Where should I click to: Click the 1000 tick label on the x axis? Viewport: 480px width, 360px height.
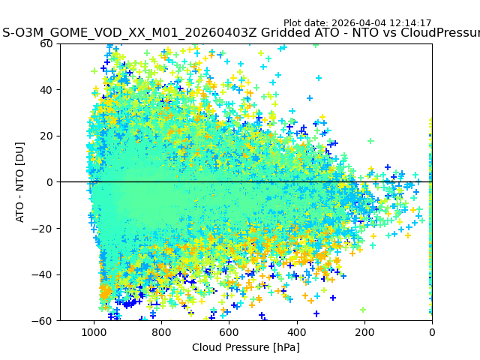click(x=94, y=332)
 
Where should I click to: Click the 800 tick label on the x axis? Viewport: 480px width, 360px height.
click(x=161, y=332)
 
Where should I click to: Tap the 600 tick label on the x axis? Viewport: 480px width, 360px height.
click(x=229, y=332)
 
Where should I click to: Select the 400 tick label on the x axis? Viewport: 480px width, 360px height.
click(x=296, y=332)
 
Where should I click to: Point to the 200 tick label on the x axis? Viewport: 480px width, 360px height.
click(x=364, y=332)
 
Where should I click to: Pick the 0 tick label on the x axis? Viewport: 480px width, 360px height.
click(x=431, y=332)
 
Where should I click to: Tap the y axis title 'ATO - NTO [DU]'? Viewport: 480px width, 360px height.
click(x=21, y=182)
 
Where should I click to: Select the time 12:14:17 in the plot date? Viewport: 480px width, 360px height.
click(x=409, y=23)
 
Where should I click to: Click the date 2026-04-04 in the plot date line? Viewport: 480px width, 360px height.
click(x=358, y=23)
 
